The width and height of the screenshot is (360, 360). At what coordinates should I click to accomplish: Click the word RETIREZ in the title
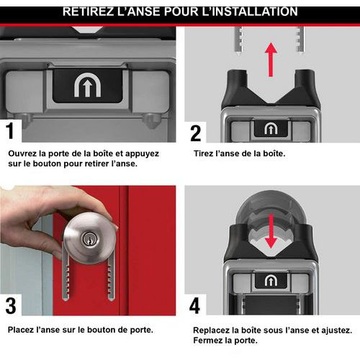tap(88, 12)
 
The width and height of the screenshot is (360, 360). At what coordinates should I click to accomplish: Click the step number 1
tap(10, 130)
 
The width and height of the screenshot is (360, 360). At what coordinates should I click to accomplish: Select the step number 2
tap(196, 133)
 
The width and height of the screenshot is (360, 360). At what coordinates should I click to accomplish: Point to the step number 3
tap(11, 305)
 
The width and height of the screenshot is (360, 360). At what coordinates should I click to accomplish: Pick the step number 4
tap(194, 305)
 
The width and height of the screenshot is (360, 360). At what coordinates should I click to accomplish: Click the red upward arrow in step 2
tap(271, 60)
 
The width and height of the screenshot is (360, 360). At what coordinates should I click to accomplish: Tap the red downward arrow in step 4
tap(271, 231)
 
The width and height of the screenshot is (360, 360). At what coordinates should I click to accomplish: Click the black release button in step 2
tap(271, 129)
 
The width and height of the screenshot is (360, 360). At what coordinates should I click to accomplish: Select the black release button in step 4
tap(271, 281)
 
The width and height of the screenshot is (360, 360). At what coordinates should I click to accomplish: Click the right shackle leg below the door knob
tap(111, 279)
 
